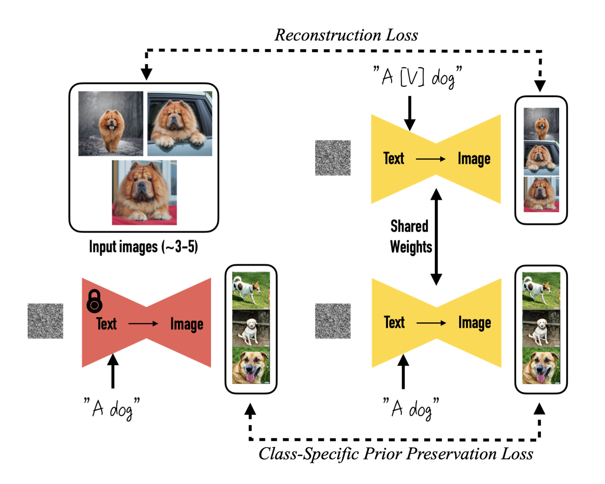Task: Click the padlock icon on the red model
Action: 94,301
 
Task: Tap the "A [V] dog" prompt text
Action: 417,77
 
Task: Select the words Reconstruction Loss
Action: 346,35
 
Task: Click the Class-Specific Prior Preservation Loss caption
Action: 396,454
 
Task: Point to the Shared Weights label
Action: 411,237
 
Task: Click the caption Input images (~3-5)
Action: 143,247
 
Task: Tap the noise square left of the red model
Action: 45,321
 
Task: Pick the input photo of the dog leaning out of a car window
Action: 180,123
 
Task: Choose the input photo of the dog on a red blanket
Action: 144,193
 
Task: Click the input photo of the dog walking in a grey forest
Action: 111,123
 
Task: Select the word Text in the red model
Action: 106,323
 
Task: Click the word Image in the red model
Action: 187,324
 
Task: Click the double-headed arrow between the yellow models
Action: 436,237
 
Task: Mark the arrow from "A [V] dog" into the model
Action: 410,113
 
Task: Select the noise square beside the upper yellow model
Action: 333,158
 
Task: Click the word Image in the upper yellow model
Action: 474,159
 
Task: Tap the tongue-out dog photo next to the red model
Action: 251,365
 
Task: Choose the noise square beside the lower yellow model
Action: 333,321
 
